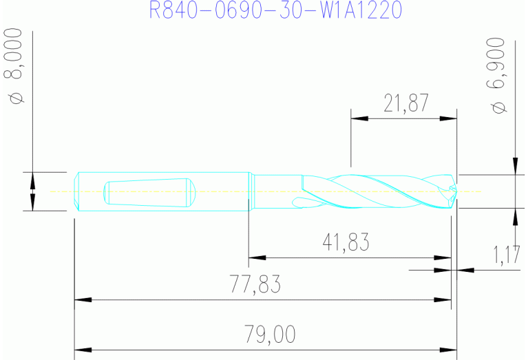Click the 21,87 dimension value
click(406, 103)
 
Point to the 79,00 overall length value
click(271, 335)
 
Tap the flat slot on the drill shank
click(147, 192)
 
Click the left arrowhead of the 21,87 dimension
click(359, 118)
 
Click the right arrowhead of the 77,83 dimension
click(443, 300)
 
